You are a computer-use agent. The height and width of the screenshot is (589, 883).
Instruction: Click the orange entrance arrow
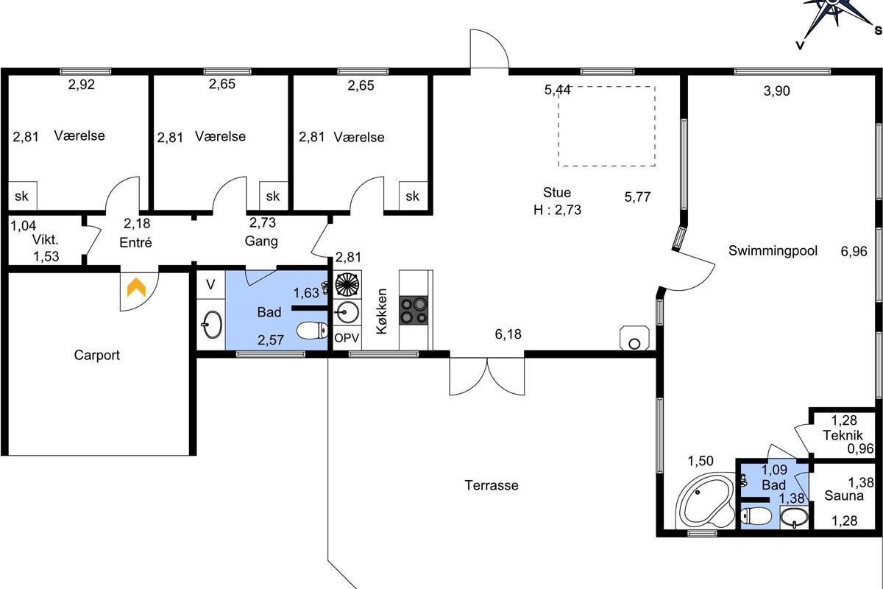[x=136, y=287]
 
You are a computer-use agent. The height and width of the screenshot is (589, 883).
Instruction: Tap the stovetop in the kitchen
[x=413, y=311]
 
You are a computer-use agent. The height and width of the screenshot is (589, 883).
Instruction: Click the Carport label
[x=96, y=355]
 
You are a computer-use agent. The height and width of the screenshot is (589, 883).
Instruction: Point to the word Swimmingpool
[x=773, y=250]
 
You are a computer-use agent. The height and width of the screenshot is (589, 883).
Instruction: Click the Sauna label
[x=843, y=495]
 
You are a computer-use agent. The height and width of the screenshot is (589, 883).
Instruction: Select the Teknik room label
[x=843, y=435]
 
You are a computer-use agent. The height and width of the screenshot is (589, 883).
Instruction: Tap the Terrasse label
[x=492, y=485]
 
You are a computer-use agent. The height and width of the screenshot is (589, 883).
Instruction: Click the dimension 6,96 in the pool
[x=854, y=251]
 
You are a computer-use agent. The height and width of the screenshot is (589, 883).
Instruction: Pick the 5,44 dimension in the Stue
[x=557, y=90]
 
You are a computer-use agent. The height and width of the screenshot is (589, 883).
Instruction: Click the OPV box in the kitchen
[x=347, y=338]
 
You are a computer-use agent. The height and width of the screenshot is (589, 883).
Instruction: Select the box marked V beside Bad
[x=211, y=284]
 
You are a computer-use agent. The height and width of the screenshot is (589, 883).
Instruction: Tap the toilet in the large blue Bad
[x=311, y=331]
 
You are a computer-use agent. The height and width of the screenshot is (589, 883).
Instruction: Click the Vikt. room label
[x=46, y=239]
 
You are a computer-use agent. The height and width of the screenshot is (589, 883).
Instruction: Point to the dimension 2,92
[x=82, y=85]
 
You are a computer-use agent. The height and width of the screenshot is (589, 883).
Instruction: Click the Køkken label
[x=382, y=311]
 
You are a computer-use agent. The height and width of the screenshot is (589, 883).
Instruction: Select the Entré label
[x=135, y=242]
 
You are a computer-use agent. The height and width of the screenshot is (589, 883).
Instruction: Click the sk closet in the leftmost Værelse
[x=23, y=196]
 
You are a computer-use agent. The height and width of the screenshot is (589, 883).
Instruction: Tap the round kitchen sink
[x=347, y=312]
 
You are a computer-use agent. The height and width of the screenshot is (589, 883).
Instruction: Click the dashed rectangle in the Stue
[x=607, y=126]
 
